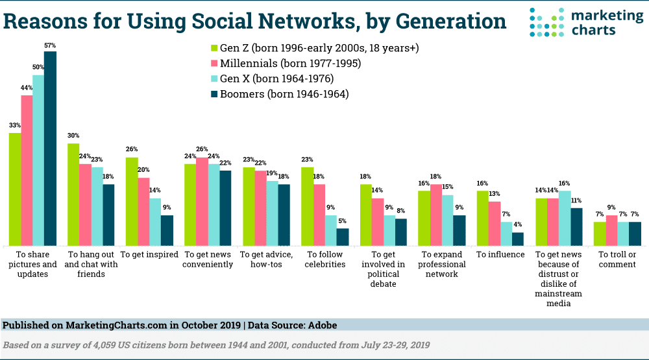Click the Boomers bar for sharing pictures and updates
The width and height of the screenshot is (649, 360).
(50, 148)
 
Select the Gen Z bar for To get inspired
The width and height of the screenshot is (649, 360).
(132, 201)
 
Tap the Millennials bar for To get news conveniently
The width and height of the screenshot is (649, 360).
(202, 201)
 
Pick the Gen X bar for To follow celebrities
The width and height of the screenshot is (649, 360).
(331, 230)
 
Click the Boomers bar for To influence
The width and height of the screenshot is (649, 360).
(517, 239)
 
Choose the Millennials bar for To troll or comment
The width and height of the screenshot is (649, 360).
(612, 230)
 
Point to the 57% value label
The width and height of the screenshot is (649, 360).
(50, 45)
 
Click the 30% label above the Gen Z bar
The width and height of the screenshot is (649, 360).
(73, 136)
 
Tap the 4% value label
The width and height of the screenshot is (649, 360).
(517, 224)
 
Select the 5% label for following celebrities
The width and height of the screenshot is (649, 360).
(343, 221)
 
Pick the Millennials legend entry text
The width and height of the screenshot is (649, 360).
(291, 64)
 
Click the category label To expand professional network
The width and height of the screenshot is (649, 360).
(442, 264)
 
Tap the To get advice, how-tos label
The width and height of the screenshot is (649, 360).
(266, 259)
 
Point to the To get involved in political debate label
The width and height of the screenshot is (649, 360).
(383, 269)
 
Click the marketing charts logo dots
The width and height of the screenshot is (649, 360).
(541, 22)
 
